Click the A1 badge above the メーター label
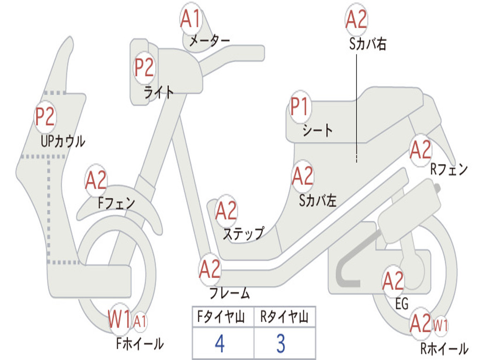[190, 18]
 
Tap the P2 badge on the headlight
[144, 67]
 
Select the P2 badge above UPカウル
[45, 116]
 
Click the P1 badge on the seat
[300, 106]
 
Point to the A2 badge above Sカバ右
[356, 19]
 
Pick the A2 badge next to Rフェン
[420, 150]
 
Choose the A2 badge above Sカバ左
[303, 176]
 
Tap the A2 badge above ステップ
[226, 210]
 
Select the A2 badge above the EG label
[393, 281]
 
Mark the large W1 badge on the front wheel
[120, 319]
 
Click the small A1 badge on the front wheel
[140, 322]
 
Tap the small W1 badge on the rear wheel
[441, 325]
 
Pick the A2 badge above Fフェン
[96, 180]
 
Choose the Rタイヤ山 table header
[285, 316]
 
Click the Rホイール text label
[444, 348]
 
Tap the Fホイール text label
[140, 344]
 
